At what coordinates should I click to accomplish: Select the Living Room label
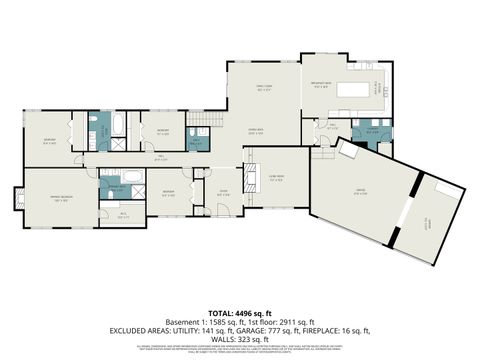click(x=275, y=179)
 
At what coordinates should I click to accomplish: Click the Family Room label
click(x=264, y=88)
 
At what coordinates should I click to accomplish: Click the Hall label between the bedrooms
click(x=160, y=156)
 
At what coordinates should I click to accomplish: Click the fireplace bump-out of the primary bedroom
click(x=16, y=196)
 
